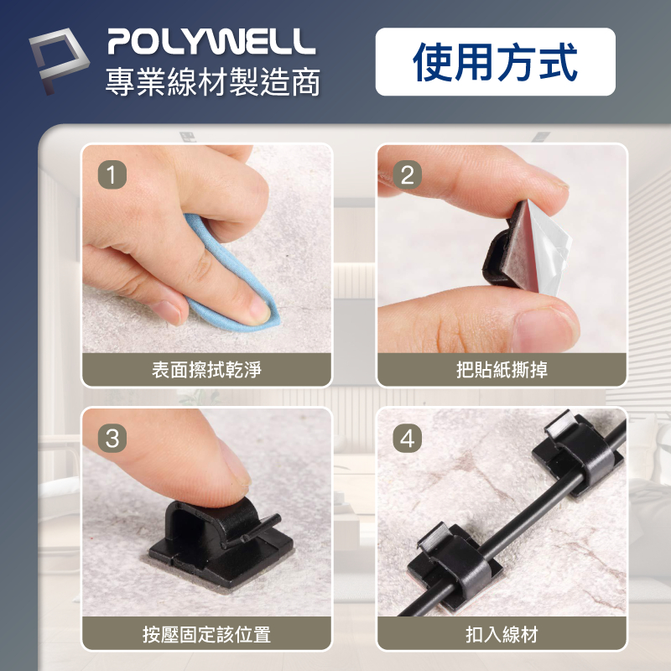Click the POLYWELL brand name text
211,41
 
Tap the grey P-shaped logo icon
59,60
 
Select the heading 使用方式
495,62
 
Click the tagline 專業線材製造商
213,81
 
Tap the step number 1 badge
112,174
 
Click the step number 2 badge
407,174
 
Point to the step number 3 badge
112,438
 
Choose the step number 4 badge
407,438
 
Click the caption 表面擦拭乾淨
206,370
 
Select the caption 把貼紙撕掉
502,370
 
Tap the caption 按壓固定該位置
206,634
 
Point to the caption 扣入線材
502,634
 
